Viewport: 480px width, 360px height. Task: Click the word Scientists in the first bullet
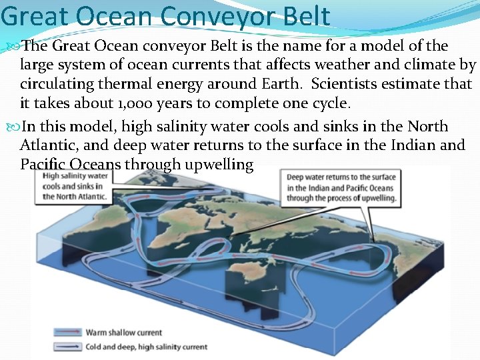pyautogui.click(x=345, y=85)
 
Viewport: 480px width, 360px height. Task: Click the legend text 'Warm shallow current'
pyautogui.click(x=123, y=332)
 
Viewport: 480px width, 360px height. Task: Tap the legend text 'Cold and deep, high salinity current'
pyautogui.click(x=146, y=347)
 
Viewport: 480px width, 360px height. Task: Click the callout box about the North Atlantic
pyautogui.click(x=75, y=187)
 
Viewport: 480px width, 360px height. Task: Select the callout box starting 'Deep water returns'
pyautogui.click(x=341, y=187)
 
